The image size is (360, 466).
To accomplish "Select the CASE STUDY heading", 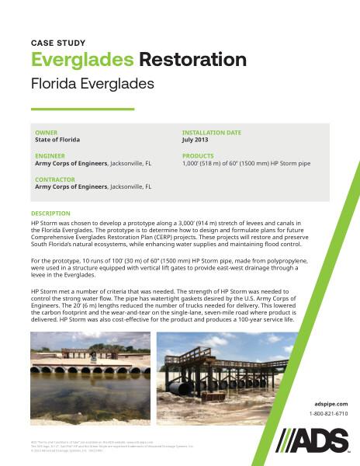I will [58, 43].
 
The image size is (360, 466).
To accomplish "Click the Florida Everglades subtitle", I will [92, 82].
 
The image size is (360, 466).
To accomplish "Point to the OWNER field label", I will [46, 133].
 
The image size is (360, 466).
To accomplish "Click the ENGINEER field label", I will [50, 156].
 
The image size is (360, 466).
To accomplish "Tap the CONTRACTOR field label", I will [55, 179].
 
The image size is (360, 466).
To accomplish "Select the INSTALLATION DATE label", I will [211, 133].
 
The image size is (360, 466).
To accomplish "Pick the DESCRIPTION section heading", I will [50, 213].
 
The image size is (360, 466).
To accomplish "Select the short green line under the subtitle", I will [82, 109].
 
